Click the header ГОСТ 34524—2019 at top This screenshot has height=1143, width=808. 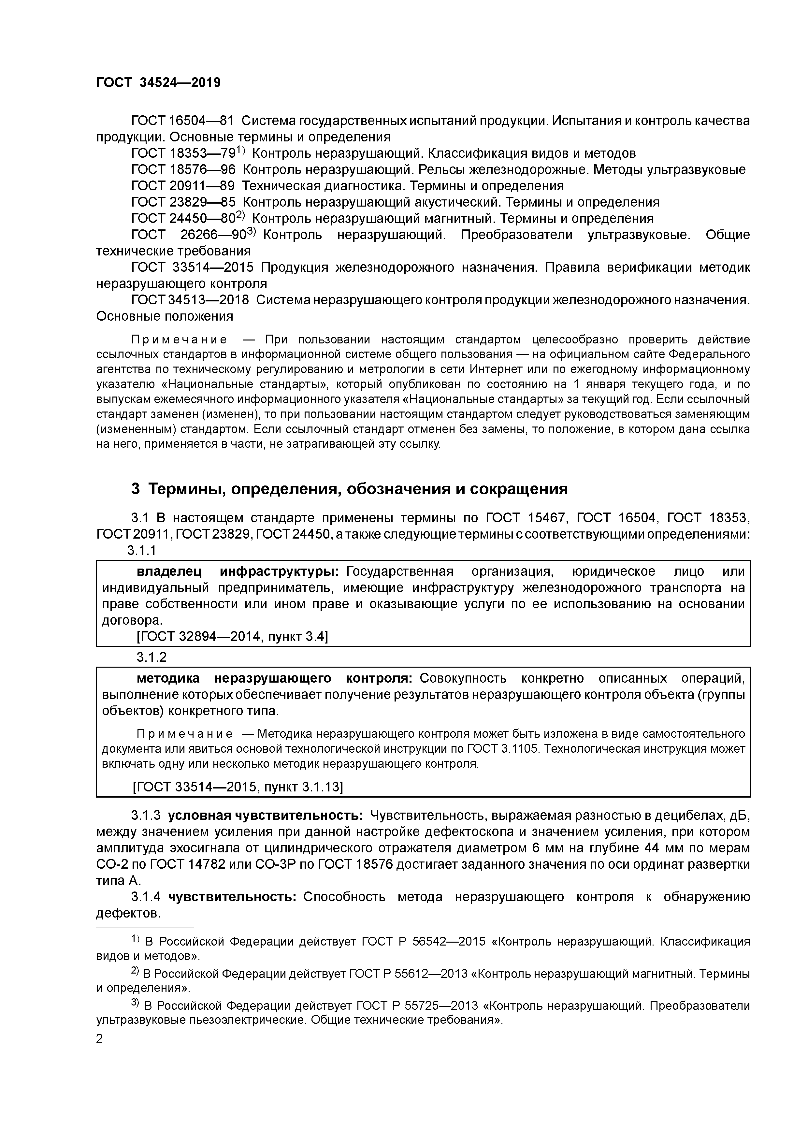pos(158,83)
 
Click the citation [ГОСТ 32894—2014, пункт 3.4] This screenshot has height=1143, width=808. pos(232,637)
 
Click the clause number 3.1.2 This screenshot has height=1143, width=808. pos(151,657)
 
